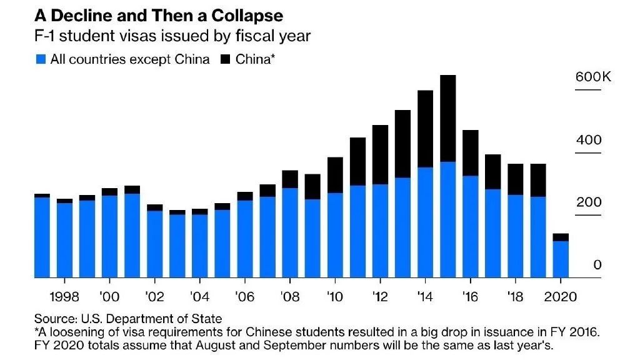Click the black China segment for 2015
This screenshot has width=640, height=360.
(x=447, y=118)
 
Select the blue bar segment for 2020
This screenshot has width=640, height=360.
(x=561, y=259)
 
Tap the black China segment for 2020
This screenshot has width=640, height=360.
(x=561, y=237)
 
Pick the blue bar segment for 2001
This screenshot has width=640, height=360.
(x=132, y=235)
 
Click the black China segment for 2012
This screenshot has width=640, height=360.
(x=380, y=154)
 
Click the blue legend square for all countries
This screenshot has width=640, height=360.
(x=41, y=60)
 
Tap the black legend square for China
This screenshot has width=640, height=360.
(x=226, y=60)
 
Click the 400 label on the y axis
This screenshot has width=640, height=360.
(x=589, y=140)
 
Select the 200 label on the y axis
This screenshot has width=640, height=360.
(x=589, y=202)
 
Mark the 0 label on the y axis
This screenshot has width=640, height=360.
(x=597, y=265)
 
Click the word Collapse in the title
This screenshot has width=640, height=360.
(x=244, y=15)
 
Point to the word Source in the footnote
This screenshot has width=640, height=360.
(x=52, y=319)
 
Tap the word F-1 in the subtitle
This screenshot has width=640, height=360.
(x=46, y=36)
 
